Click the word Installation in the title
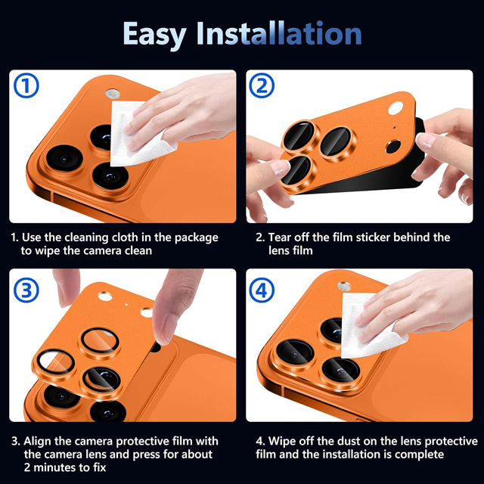279,33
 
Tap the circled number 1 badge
26,85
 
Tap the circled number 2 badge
262,85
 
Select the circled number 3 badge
26,290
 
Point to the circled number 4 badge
262,290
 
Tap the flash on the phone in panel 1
113,94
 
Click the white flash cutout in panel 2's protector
396,108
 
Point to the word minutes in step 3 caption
62,467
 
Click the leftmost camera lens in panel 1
64,158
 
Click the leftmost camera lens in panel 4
295,352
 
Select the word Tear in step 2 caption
279,237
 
